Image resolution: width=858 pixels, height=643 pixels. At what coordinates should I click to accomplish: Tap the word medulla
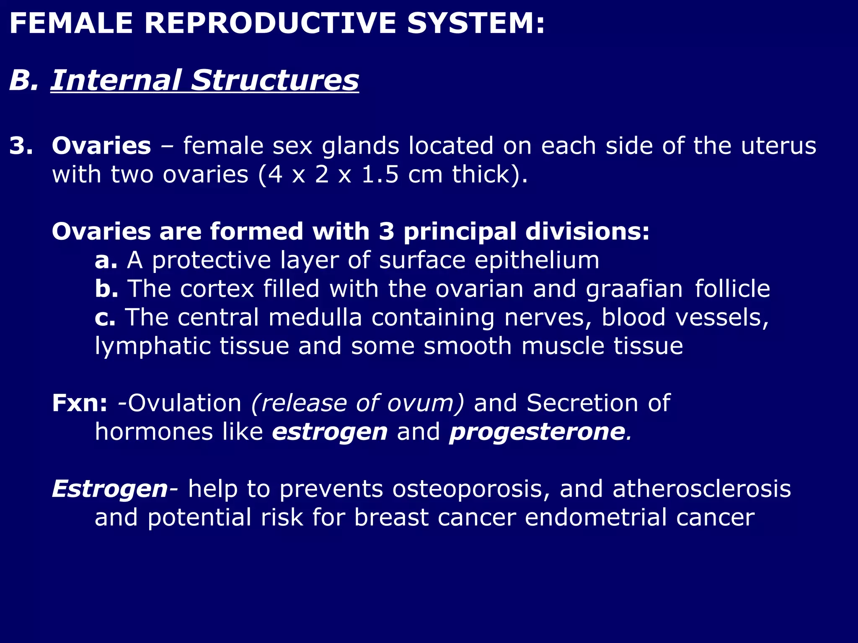tap(315, 317)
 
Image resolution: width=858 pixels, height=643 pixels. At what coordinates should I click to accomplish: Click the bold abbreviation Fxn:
tap(80, 403)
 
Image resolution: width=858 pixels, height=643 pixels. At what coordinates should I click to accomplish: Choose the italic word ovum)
tap(426, 403)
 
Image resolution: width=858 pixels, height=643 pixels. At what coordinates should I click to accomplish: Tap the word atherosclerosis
tap(702, 489)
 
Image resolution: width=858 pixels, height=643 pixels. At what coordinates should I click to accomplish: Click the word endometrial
tap(596, 517)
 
